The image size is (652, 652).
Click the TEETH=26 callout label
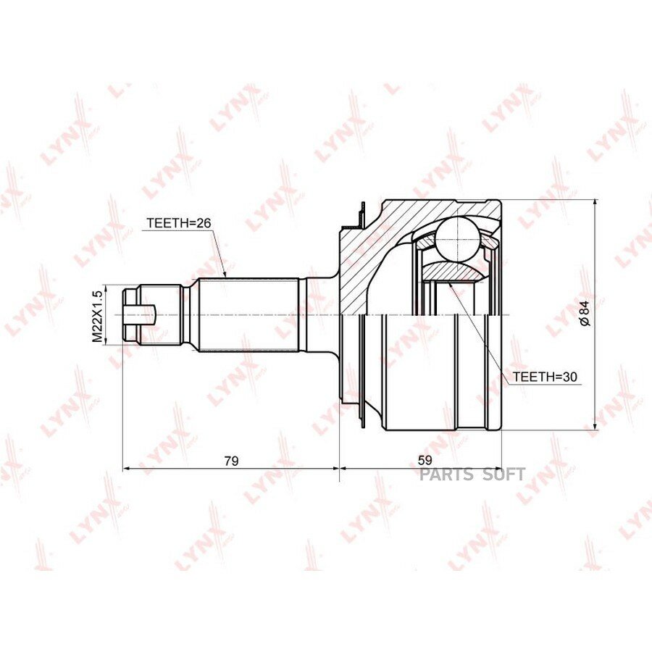click(x=179, y=223)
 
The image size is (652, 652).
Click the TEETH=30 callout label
click(x=545, y=377)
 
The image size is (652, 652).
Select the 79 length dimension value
click(x=231, y=461)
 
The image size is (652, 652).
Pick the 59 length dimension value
click(x=425, y=460)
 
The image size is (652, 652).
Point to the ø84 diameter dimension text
click(x=585, y=313)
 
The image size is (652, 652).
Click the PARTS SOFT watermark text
click(x=472, y=474)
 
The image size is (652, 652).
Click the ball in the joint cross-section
click(x=457, y=240)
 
